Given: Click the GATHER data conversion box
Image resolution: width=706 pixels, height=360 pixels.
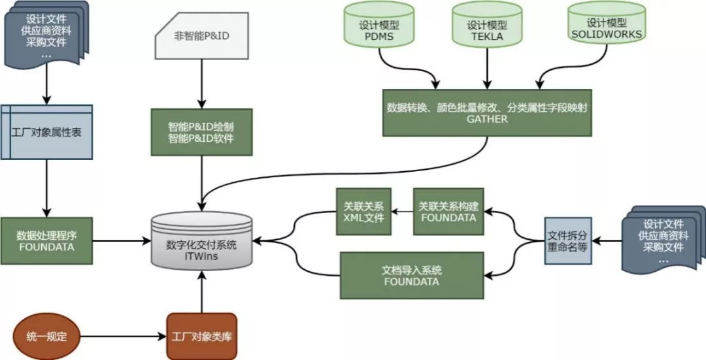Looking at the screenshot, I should (x=487, y=113).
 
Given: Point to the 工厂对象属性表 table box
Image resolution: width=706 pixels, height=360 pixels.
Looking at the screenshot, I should (x=46, y=131).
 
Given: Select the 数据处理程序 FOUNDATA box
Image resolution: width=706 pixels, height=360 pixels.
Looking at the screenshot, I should (x=46, y=241).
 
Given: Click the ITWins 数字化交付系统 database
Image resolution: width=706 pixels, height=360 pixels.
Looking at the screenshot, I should (x=202, y=246).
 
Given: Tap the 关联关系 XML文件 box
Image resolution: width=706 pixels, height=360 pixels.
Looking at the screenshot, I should (x=364, y=212).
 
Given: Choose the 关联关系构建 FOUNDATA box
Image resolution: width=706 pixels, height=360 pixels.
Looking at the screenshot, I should (x=448, y=212).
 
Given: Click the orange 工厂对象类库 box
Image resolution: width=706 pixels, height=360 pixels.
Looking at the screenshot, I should (x=202, y=337).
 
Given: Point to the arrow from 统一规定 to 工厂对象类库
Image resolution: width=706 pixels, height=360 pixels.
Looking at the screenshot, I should (x=124, y=337).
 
